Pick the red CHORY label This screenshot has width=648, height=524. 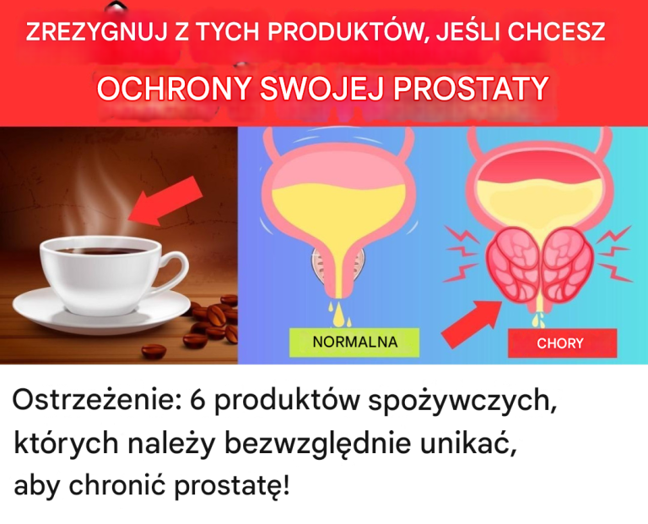(560, 343)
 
